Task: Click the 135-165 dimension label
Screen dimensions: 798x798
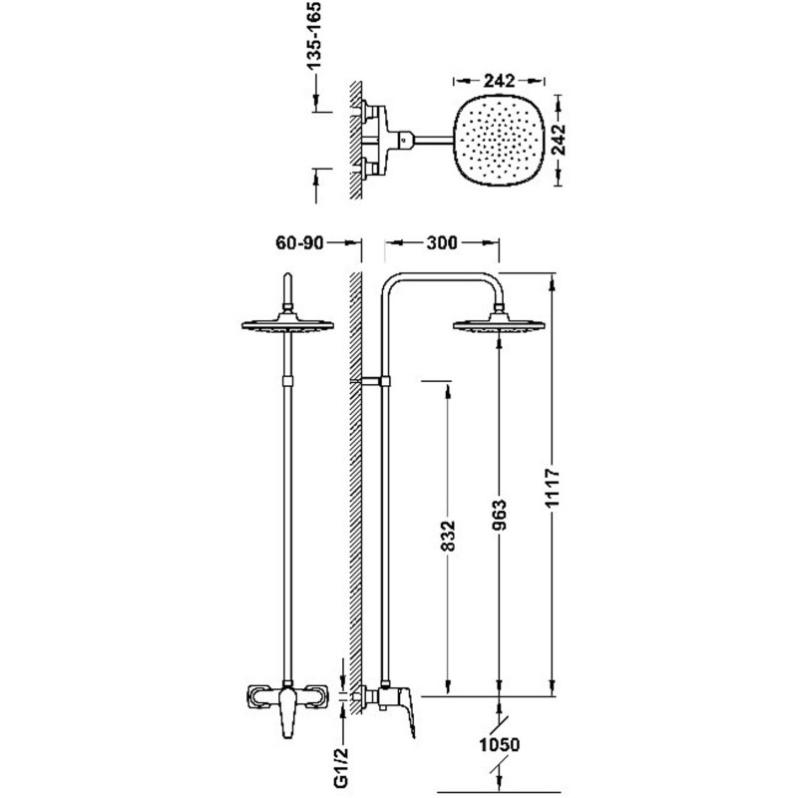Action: point(314,36)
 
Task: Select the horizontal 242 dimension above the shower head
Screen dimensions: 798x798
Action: point(500,81)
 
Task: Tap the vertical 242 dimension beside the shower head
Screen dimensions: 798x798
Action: point(559,139)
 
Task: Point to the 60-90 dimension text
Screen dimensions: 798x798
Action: point(299,242)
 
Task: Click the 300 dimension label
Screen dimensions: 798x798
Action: point(442,242)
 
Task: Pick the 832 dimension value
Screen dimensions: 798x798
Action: point(447,536)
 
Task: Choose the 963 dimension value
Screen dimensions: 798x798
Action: point(500,515)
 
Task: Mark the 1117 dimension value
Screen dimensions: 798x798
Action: point(553,488)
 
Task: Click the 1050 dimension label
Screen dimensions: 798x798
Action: point(500,745)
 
